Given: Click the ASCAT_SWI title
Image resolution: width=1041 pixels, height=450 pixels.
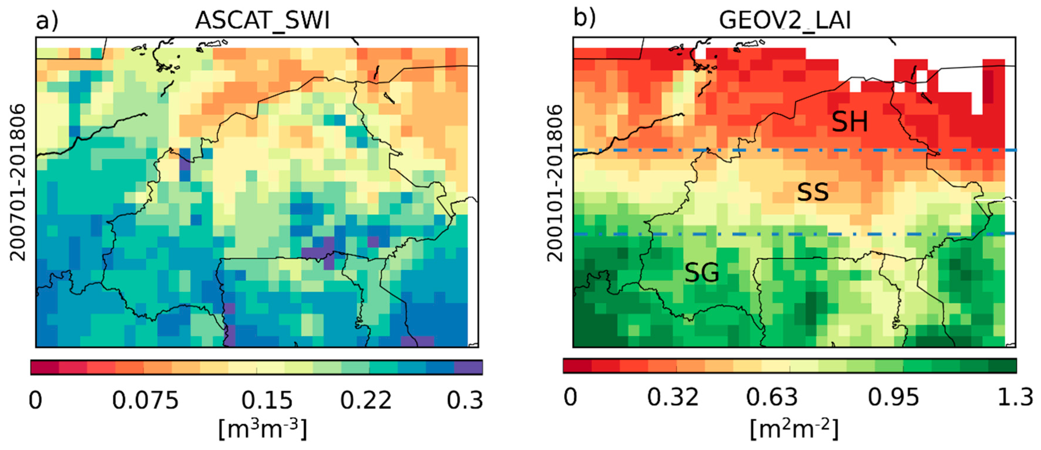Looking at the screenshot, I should [x=262, y=20].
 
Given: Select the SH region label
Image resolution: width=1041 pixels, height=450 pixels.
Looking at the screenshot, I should [x=850, y=122].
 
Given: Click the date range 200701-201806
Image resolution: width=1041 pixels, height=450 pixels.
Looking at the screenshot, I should [x=18, y=182].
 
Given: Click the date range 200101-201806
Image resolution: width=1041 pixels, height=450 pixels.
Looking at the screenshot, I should [x=555, y=182].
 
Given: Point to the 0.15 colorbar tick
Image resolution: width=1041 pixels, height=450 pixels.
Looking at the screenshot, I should [x=267, y=400].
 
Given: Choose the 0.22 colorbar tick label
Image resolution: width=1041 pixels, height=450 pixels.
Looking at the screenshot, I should [x=366, y=400].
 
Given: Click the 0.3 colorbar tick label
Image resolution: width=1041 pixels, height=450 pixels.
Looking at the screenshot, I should [x=465, y=400].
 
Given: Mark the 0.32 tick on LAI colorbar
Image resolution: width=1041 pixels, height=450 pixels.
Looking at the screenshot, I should [x=673, y=397].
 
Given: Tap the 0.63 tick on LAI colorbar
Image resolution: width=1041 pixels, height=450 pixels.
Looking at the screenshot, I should [x=772, y=397].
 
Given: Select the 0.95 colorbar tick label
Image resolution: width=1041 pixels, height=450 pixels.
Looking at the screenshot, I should [x=894, y=397].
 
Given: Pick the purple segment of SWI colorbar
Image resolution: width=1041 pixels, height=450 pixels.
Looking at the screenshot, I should [x=468, y=367].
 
